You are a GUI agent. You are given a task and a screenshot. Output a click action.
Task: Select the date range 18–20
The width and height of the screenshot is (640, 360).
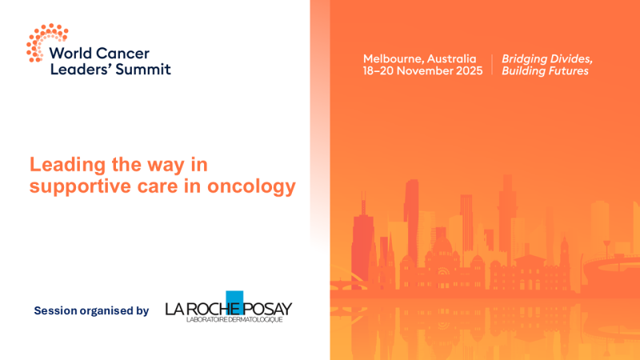coord(380,71)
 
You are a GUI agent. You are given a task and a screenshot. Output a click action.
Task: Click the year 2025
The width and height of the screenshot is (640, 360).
coord(469,71)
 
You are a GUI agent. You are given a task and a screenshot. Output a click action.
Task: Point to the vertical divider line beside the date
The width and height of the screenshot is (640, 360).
coord(492,65)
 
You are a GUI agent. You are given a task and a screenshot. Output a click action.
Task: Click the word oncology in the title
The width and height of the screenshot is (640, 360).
coord(254,186)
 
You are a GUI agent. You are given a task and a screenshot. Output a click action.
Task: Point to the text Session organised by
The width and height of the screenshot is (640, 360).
coord(91,310)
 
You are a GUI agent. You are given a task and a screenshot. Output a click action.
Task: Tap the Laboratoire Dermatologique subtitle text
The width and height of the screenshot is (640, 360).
coord(228,320)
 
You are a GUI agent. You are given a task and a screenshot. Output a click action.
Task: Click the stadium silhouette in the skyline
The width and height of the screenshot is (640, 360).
coord(612,268)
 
